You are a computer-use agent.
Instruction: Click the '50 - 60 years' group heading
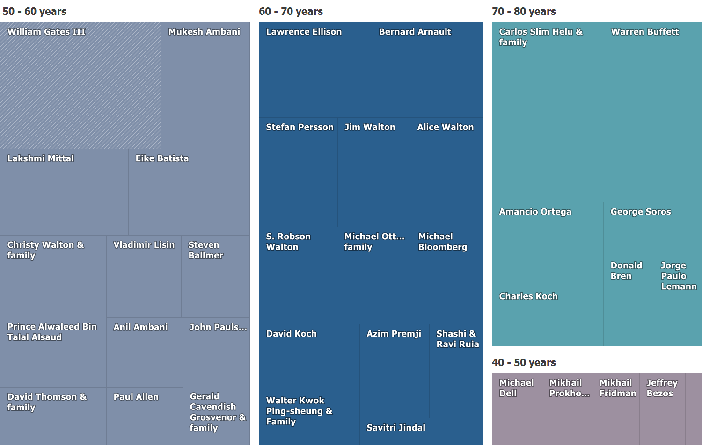[x=34, y=11]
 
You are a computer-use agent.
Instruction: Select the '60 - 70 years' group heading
[x=291, y=11]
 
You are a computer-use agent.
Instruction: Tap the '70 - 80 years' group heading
[x=524, y=11]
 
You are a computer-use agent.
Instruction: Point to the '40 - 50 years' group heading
[x=524, y=362]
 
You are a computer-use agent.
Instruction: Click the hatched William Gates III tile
[x=80, y=89]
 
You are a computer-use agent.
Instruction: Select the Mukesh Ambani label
[x=204, y=32]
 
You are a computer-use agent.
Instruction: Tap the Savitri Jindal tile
[x=421, y=431]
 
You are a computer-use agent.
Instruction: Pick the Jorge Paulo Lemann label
[x=678, y=276]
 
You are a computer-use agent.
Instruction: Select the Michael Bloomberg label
[x=442, y=242]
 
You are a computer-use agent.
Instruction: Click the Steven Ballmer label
[x=205, y=250]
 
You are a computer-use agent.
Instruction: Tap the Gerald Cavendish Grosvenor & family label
[x=217, y=412]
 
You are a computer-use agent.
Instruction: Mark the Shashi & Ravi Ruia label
[x=457, y=339]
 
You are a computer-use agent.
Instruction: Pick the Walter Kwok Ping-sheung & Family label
[x=299, y=411]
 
